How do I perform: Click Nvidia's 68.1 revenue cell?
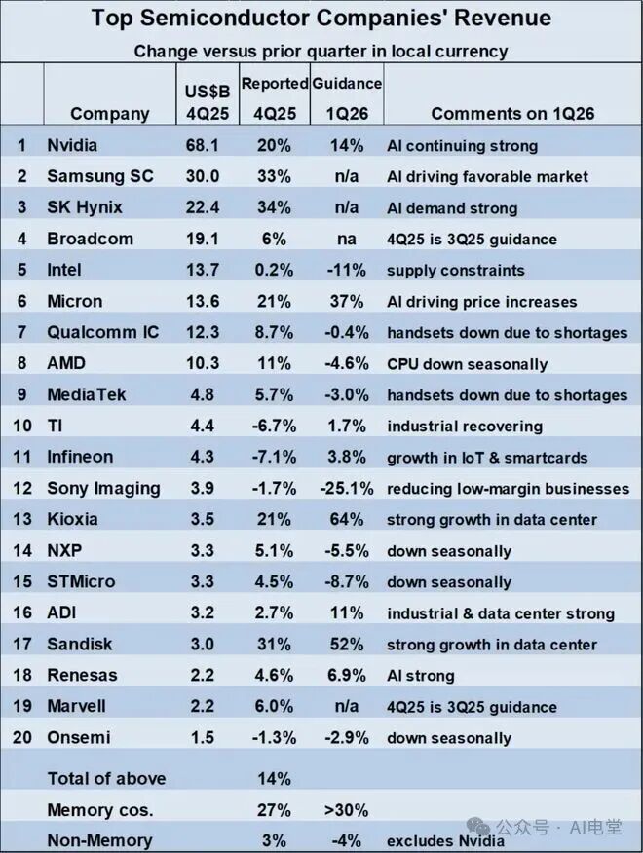tap(204, 146)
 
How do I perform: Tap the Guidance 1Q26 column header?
tap(347, 97)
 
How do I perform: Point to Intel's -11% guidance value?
tap(347, 271)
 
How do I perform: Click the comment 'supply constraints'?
tap(455, 271)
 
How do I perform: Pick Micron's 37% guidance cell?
tap(347, 302)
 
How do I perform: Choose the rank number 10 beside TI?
tap(21, 426)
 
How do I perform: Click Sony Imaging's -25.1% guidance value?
tap(347, 489)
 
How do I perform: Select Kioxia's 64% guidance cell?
tap(347, 520)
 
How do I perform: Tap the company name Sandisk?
tap(81, 645)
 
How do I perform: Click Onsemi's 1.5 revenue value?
tap(204, 738)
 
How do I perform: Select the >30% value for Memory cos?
tap(347, 810)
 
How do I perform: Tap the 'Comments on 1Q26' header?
tap(512, 114)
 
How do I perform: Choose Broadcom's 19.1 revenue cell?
tap(204, 240)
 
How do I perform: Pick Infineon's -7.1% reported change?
tap(274, 458)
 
